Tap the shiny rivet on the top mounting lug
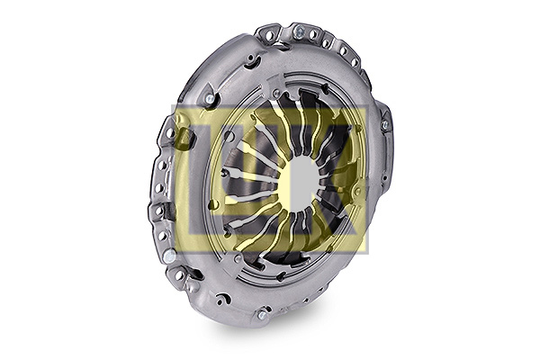(299, 31)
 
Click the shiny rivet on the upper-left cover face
(209, 99)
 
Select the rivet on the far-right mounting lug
(385, 125)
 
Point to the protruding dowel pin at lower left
(169, 256)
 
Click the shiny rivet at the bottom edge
(261, 314)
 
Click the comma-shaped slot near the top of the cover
(252, 62)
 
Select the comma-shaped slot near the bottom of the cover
(223, 299)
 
